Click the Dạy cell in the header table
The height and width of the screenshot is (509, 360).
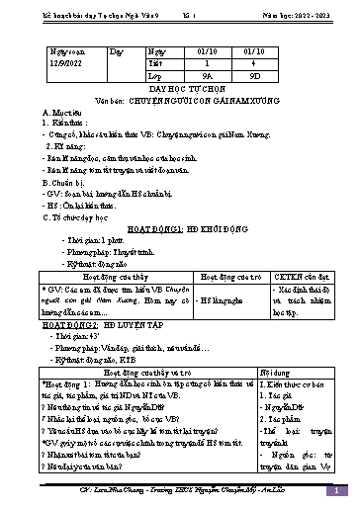click(x=117, y=48)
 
